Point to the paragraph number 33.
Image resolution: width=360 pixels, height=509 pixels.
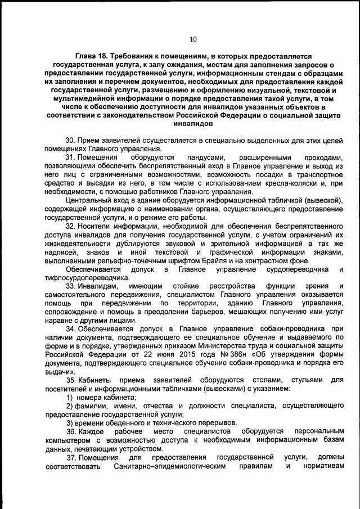(x=70, y=286)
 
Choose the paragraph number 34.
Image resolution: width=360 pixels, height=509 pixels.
(x=70, y=328)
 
